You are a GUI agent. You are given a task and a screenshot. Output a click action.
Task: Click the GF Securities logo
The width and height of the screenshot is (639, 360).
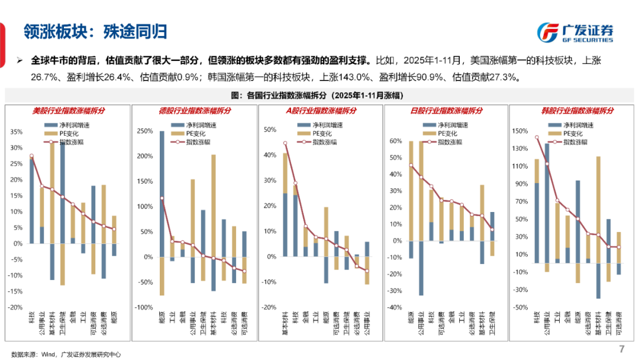click(x=575, y=32)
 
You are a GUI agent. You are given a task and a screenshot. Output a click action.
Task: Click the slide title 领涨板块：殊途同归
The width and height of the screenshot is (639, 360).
click(x=95, y=31)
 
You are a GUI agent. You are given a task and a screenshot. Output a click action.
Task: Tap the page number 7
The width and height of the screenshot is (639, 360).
click(x=621, y=348)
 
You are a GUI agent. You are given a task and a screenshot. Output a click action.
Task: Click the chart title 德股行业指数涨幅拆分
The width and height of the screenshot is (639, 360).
click(x=195, y=111)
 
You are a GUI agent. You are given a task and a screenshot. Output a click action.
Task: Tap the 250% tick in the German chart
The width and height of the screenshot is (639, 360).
click(x=144, y=131)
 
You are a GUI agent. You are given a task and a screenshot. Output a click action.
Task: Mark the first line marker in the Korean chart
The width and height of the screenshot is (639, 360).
click(x=537, y=137)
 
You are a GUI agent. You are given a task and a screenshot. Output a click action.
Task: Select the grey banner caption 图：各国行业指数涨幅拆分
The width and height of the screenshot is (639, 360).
click(x=319, y=95)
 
